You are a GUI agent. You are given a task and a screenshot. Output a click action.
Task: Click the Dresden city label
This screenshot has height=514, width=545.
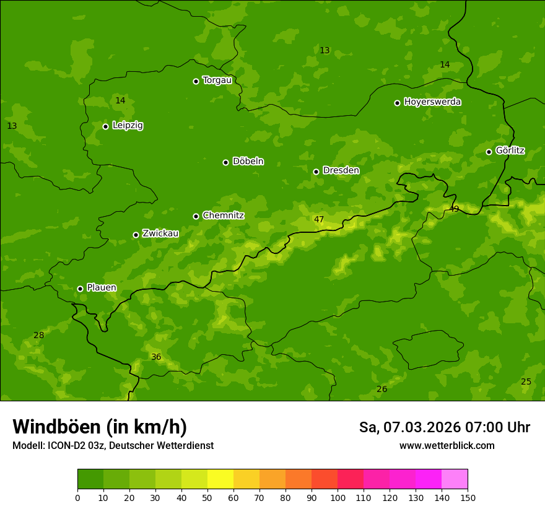[x=341, y=170]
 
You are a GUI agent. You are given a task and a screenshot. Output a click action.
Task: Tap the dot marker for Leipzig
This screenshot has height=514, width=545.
[x=105, y=126]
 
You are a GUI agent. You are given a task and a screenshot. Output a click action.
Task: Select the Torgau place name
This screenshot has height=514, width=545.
[x=217, y=81]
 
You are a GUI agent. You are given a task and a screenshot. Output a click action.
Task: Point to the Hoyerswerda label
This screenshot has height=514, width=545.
[x=432, y=102]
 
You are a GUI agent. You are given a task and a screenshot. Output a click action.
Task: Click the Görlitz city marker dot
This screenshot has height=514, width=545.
[x=489, y=152]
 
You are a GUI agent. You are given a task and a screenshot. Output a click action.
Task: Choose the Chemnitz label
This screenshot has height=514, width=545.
[x=223, y=216]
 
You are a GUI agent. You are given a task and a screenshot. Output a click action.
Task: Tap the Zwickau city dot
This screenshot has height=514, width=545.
[x=136, y=235]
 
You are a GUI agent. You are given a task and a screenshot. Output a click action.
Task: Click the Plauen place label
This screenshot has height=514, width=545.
[x=101, y=288]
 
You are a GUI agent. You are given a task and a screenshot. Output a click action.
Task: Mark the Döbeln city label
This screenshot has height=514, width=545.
[x=248, y=162]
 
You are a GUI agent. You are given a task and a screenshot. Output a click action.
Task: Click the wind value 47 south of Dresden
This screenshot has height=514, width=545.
[x=319, y=219]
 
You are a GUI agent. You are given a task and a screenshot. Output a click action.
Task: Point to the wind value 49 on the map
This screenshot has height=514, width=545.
[x=454, y=209]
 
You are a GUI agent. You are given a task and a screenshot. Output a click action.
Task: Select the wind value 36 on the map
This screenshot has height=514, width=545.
[x=156, y=357]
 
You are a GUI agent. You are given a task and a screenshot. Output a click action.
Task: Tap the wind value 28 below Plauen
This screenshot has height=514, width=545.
[x=39, y=336]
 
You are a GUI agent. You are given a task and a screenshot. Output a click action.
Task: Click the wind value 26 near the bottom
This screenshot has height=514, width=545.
[x=382, y=390]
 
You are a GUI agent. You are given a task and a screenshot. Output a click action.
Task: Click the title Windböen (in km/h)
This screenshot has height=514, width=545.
[x=100, y=427]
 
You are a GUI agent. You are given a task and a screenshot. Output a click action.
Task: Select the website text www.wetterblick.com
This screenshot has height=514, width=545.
[x=447, y=446]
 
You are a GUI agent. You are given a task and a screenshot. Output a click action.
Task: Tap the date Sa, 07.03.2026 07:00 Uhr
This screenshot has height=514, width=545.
[x=444, y=427]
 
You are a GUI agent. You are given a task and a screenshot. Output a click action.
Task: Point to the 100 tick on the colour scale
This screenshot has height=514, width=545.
[x=338, y=497]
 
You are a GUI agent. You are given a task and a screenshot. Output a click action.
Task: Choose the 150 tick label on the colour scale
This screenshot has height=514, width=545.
[x=468, y=497]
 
